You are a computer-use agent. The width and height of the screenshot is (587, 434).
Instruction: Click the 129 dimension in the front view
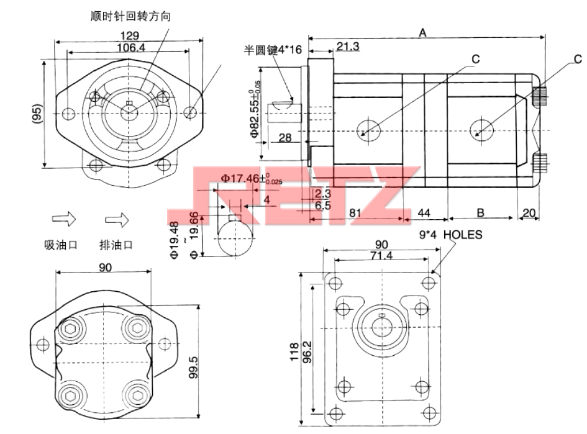point(129,36)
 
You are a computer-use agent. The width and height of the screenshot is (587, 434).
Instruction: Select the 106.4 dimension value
point(129,47)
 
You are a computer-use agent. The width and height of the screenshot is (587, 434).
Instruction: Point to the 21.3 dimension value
point(347,46)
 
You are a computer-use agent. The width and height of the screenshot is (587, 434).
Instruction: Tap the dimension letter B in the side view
point(480,213)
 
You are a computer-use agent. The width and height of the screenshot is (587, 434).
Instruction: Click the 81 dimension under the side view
point(355,213)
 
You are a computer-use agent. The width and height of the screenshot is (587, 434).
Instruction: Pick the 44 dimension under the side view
point(424,213)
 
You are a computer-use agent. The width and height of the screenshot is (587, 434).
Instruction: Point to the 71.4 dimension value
point(381,255)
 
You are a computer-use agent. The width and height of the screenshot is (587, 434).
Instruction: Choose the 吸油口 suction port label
point(61,244)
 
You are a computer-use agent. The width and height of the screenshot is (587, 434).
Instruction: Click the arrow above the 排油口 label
point(116,219)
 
